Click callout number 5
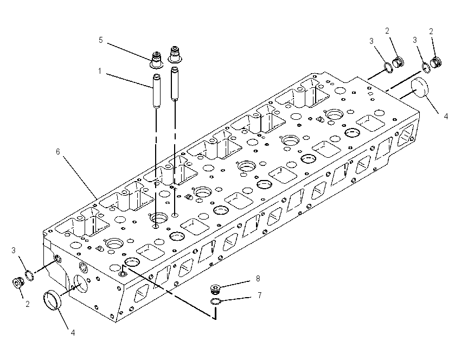pos(101,40)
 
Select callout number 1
pos(100,71)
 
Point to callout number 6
pos(58,152)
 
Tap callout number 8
pos(258,279)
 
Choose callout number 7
pos(259,295)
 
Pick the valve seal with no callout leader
pos(175,54)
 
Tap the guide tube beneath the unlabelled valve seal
pos(175,83)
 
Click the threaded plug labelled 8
pos(216,289)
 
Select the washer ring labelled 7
pos(215,301)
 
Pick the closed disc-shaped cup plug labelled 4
pos(420,88)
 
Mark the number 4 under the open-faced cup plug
pos(73,333)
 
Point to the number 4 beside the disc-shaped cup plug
pos(446,117)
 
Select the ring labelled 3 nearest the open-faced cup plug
pos(29,275)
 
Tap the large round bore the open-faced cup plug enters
pos(80,284)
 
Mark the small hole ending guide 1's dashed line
pos(156,226)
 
